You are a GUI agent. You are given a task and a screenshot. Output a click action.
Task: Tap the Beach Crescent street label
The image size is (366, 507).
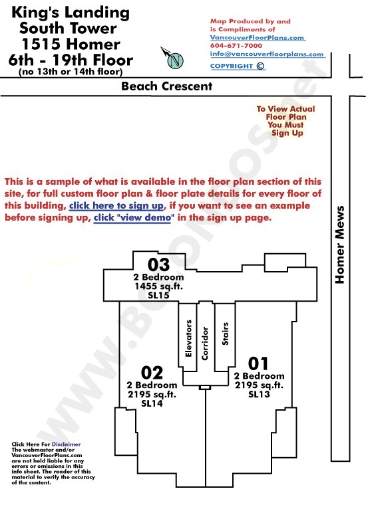(x=166, y=86)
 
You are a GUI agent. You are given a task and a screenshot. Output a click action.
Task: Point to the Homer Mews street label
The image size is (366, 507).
(x=339, y=245)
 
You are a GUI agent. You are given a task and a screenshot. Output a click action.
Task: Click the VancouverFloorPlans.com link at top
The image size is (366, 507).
(x=257, y=37)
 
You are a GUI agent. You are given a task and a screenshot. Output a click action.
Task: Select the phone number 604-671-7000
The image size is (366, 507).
(x=236, y=46)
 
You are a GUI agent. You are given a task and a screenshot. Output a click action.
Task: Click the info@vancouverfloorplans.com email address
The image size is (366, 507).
(x=267, y=54)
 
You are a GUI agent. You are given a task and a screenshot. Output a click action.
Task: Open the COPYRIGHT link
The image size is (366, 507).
(x=238, y=66)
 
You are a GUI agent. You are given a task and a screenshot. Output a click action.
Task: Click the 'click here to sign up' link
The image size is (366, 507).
(x=116, y=205)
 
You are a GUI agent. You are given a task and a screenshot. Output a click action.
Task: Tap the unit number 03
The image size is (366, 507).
(x=158, y=264)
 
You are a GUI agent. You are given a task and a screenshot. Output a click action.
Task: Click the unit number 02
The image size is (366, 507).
(x=152, y=373)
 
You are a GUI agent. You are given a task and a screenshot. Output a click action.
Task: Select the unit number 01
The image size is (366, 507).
(x=258, y=363)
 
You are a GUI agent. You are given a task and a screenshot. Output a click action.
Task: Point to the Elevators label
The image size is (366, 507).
(x=188, y=338)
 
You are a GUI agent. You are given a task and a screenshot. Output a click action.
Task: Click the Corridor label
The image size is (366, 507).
(x=205, y=343)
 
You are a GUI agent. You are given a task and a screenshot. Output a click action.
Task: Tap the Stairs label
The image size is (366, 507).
(x=225, y=334)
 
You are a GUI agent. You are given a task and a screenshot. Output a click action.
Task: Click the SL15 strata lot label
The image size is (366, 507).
(x=158, y=295)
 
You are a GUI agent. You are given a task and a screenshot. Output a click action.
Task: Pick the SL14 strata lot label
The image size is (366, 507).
(x=152, y=403)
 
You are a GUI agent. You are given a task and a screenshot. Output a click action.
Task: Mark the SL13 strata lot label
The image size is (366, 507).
(x=259, y=394)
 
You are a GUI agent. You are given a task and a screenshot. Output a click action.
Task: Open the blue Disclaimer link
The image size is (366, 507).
(x=66, y=445)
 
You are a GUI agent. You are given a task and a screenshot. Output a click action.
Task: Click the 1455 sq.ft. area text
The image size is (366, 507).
(x=158, y=286)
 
